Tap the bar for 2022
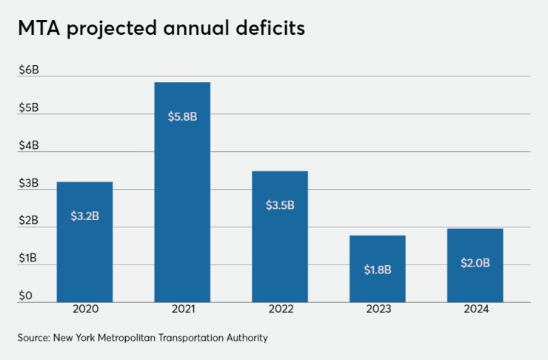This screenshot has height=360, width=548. pyautogui.click(x=279, y=236)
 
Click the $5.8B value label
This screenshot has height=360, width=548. pyautogui.click(x=182, y=117)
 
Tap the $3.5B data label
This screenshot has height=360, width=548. pyautogui.click(x=280, y=205)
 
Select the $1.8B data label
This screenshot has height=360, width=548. pyautogui.click(x=378, y=270)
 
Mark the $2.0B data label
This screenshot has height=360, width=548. pyautogui.click(x=475, y=262)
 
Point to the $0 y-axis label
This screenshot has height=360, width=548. pyautogui.click(x=25, y=296)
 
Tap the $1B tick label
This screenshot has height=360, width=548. pyautogui.click(x=28, y=259)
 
